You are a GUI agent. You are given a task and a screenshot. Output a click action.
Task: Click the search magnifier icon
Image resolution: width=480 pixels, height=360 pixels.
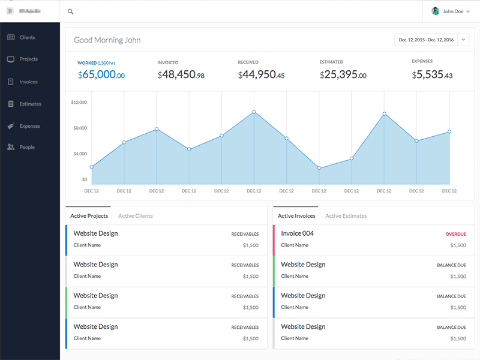pyautogui.click(x=71, y=11)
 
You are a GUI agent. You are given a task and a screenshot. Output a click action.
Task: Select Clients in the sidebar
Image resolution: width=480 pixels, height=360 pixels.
pyautogui.click(x=27, y=37)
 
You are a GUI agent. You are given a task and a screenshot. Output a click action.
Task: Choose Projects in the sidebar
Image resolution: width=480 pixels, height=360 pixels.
pyautogui.click(x=28, y=59)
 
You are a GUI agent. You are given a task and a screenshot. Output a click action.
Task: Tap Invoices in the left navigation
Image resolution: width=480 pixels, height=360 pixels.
pyautogui.click(x=28, y=82)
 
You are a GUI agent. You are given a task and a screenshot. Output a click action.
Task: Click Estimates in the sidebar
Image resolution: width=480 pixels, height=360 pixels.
pyautogui.click(x=30, y=104)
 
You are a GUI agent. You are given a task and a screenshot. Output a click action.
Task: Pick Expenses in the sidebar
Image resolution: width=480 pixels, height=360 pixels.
pyautogui.click(x=29, y=126)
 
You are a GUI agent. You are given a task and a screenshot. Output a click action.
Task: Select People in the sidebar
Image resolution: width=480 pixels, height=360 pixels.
pyautogui.click(x=26, y=147)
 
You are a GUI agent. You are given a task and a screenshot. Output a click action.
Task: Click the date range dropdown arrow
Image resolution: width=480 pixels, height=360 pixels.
pyautogui.click(x=463, y=40)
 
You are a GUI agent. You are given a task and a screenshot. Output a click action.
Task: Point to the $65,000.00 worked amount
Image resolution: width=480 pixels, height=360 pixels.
pyautogui.click(x=101, y=75)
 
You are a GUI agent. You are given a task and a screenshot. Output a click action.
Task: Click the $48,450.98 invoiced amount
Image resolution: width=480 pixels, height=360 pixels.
pyautogui.click(x=181, y=75)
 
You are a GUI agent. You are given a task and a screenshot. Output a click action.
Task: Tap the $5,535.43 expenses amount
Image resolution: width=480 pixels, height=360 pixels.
pyautogui.click(x=432, y=75)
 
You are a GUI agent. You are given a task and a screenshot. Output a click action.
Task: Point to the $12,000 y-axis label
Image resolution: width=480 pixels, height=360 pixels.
pyautogui.click(x=79, y=103)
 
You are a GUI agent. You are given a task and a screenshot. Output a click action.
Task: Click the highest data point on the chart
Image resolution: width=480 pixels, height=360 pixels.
pyautogui.click(x=254, y=112)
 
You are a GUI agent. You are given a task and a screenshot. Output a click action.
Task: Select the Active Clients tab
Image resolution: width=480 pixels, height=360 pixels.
pyautogui.click(x=135, y=216)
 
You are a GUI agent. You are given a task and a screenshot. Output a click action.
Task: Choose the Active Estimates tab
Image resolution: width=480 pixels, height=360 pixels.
pyautogui.click(x=346, y=216)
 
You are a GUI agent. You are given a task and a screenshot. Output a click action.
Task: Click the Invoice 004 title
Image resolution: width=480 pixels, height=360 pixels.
pyautogui.click(x=297, y=233)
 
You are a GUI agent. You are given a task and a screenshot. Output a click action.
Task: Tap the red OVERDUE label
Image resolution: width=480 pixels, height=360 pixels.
pyautogui.click(x=455, y=234)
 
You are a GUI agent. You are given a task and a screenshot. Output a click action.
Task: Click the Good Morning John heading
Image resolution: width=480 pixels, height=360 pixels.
pyautogui.click(x=107, y=40)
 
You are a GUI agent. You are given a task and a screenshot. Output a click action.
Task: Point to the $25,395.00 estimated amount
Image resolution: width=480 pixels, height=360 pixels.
pyautogui.click(x=343, y=75)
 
